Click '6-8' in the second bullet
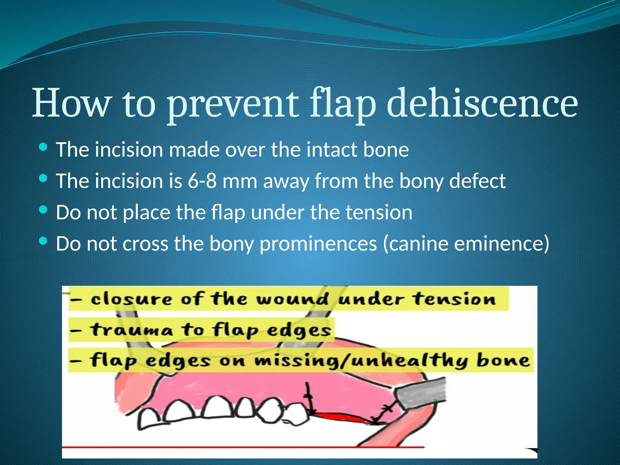pyautogui.click(x=202, y=181)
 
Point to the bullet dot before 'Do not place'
pyautogui.click(x=43, y=209)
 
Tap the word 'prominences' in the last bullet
pyautogui.click(x=318, y=244)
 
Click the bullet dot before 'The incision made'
pyautogui.click(x=43, y=147)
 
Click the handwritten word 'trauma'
pyautogui.click(x=131, y=330)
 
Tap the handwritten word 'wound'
pyautogui.click(x=292, y=299)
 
